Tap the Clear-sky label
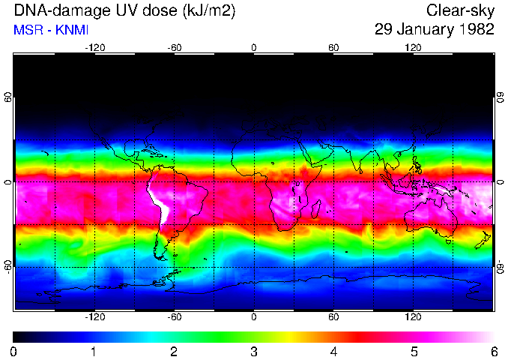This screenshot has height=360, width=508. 460,10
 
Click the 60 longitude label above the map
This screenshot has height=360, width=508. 333,47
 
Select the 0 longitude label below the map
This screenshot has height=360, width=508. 254,317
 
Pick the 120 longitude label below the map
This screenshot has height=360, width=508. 413,317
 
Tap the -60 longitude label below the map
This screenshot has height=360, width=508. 175,317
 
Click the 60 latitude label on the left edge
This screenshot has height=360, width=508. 8,98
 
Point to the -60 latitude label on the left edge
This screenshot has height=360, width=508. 8,266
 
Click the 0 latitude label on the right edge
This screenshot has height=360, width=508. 501,183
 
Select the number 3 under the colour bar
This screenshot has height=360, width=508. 254,351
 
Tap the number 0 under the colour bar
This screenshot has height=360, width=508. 14,351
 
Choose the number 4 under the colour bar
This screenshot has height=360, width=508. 333,351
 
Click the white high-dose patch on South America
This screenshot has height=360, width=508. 160,202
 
